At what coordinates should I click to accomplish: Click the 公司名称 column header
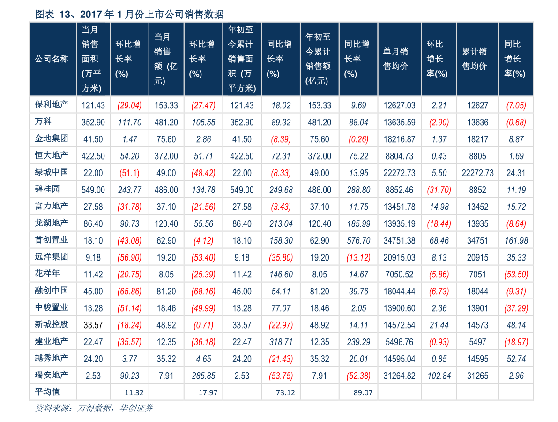pyautogui.click(x=52, y=59)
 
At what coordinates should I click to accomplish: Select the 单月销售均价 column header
pyautogui.click(x=395, y=59)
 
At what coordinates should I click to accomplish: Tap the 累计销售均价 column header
pyautogui.click(x=475, y=59)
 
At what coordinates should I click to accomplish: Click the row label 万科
pyautogui.click(x=43, y=122)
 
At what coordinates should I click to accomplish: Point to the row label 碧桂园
pyautogui.click(x=47, y=189)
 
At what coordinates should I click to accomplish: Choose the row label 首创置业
pyautogui.click(x=52, y=240)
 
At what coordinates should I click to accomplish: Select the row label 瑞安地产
pyautogui.click(x=52, y=375)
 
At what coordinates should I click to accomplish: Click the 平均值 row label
pyautogui.click(x=47, y=392)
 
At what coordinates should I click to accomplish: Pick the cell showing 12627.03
pyautogui.click(x=399, y=106)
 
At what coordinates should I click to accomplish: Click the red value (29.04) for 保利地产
pyautogui.click(x=129, y=106)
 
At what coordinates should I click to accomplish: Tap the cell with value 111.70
pyautogui.click(x=129, y=122)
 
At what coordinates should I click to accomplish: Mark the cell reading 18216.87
pyautogui.click(x=399, y=139)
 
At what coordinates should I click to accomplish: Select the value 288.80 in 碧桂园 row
pyautogui.click(x=359, y=190)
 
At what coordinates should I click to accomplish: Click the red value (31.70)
pyautogui.click(x=439, y=190)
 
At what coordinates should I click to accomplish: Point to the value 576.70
pyautogui.click(x=359, y=241)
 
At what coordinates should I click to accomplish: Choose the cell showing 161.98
pyautogui.click(x=516, y=241)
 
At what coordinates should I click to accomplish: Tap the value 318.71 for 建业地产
pyautogui.click(x=281, y=342)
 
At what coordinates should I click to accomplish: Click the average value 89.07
pyautogui.click(x=363, y=393)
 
